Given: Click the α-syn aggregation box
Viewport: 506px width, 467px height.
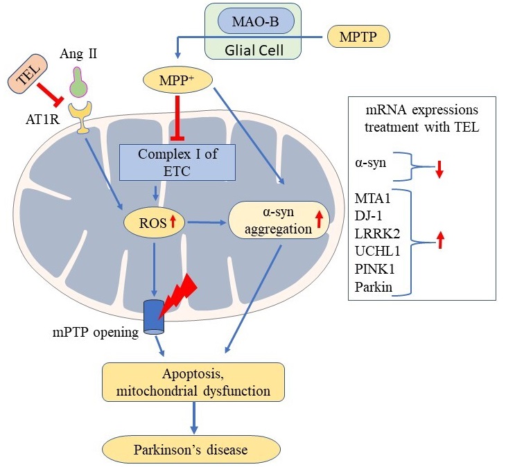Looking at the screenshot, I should tap(278, 220).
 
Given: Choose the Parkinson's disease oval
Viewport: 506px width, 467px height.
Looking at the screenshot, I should tap(192, 450).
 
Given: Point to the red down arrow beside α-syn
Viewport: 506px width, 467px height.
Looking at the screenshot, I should tap(439, 170).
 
